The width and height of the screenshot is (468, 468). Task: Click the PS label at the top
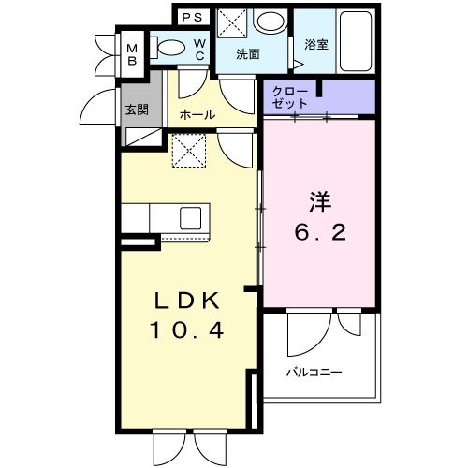coord(193,17)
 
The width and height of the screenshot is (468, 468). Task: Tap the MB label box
coord(132,52)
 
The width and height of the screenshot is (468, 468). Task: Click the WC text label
coord(198,50)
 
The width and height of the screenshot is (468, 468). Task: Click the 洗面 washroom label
coord(247,53)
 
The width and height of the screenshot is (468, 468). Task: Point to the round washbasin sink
coord(271,23)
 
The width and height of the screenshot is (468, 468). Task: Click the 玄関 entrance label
coord(137,108)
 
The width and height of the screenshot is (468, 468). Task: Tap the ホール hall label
coord(197,115)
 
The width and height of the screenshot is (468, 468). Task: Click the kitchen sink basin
coord(191,218)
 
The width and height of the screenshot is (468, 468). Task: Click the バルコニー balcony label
coord(314,373)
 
